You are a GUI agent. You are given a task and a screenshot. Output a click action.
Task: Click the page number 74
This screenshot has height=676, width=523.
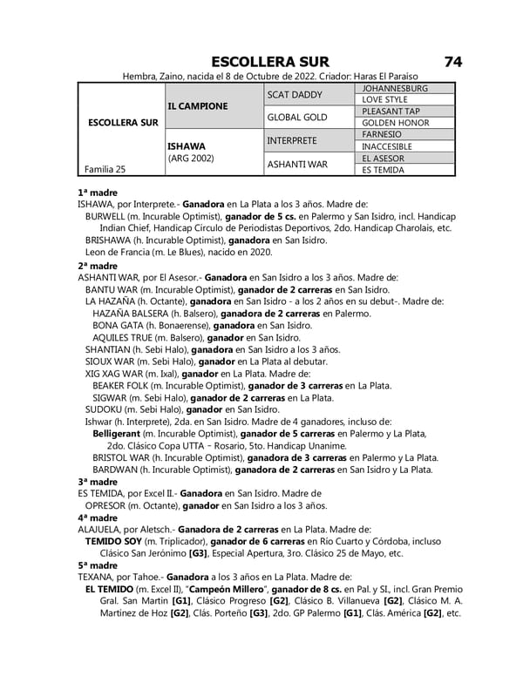click(452, 62)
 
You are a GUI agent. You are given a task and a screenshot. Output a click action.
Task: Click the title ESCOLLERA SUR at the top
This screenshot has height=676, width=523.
click(270, 62)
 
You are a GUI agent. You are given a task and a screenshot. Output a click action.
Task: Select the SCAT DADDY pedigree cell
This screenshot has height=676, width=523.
click(294, 94)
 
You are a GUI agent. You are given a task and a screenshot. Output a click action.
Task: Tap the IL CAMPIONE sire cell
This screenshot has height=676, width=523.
click(198, 106)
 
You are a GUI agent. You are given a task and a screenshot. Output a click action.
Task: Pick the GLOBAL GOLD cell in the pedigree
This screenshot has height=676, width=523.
click(297, 117)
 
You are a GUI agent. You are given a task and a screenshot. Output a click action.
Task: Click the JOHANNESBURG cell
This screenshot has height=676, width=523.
click(395, 89)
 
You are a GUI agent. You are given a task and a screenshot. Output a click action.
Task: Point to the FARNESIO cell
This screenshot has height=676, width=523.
click(382, 135)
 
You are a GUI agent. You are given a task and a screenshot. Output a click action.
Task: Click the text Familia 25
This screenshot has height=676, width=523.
click(105, 169)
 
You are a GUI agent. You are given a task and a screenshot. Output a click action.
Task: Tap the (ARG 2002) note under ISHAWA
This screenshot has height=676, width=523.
click(191, 159)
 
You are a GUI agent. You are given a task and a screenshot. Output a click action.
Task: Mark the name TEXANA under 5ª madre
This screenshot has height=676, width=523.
click(95, 577)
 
